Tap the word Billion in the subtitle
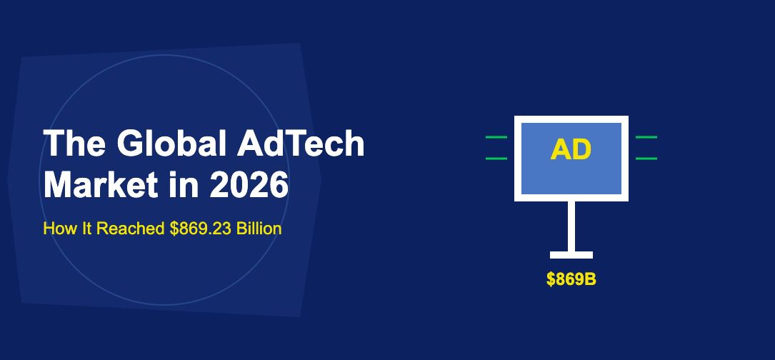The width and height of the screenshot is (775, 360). pos(259,229)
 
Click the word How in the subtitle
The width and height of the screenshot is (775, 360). pos(56,229)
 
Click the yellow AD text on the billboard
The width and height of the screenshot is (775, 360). pos(571,149)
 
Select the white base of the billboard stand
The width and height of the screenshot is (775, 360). pos(571,255)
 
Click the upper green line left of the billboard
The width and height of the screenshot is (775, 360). pos(496,136)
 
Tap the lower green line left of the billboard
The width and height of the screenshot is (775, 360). pos(496,158)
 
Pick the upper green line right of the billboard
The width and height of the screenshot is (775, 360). pos(646,136)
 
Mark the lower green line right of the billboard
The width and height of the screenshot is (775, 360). pos(646,158)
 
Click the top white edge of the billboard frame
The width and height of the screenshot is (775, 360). pos(571,119)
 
